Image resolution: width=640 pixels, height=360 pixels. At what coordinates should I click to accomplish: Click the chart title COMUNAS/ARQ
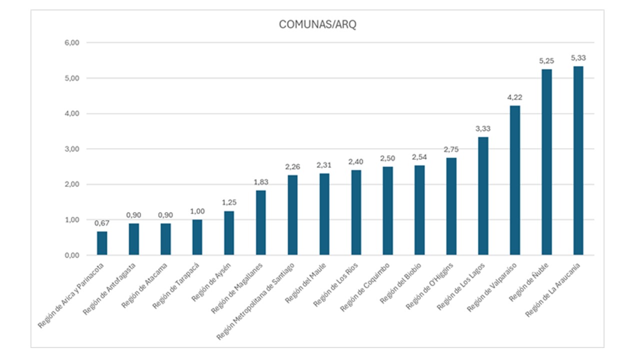317,25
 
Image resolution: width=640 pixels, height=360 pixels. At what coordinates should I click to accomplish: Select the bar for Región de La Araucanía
578,160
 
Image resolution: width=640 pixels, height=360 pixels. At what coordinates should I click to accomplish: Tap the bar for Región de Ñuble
546,162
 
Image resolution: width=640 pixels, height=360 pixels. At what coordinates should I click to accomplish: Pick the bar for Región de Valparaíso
514,180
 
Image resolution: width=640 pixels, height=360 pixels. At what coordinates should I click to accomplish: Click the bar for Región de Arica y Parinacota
102,243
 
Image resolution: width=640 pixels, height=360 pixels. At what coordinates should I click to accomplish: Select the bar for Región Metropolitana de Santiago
292,215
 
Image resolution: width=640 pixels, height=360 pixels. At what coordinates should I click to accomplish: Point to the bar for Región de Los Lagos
483,196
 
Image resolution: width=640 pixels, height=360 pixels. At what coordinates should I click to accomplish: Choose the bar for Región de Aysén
229,233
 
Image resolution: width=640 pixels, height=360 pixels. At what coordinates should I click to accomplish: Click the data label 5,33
578,58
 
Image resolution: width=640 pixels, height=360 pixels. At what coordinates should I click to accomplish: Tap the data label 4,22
514,97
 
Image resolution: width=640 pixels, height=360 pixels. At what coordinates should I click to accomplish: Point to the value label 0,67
102,223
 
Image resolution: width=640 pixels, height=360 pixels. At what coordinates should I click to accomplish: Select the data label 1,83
260,182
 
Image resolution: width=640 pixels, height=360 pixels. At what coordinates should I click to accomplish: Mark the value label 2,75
451,149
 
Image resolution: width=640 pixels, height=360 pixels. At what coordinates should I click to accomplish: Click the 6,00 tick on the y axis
72,43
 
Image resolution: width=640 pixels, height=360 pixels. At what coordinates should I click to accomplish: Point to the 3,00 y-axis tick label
72,149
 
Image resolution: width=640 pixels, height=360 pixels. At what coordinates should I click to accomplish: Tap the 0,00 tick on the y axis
72,255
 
